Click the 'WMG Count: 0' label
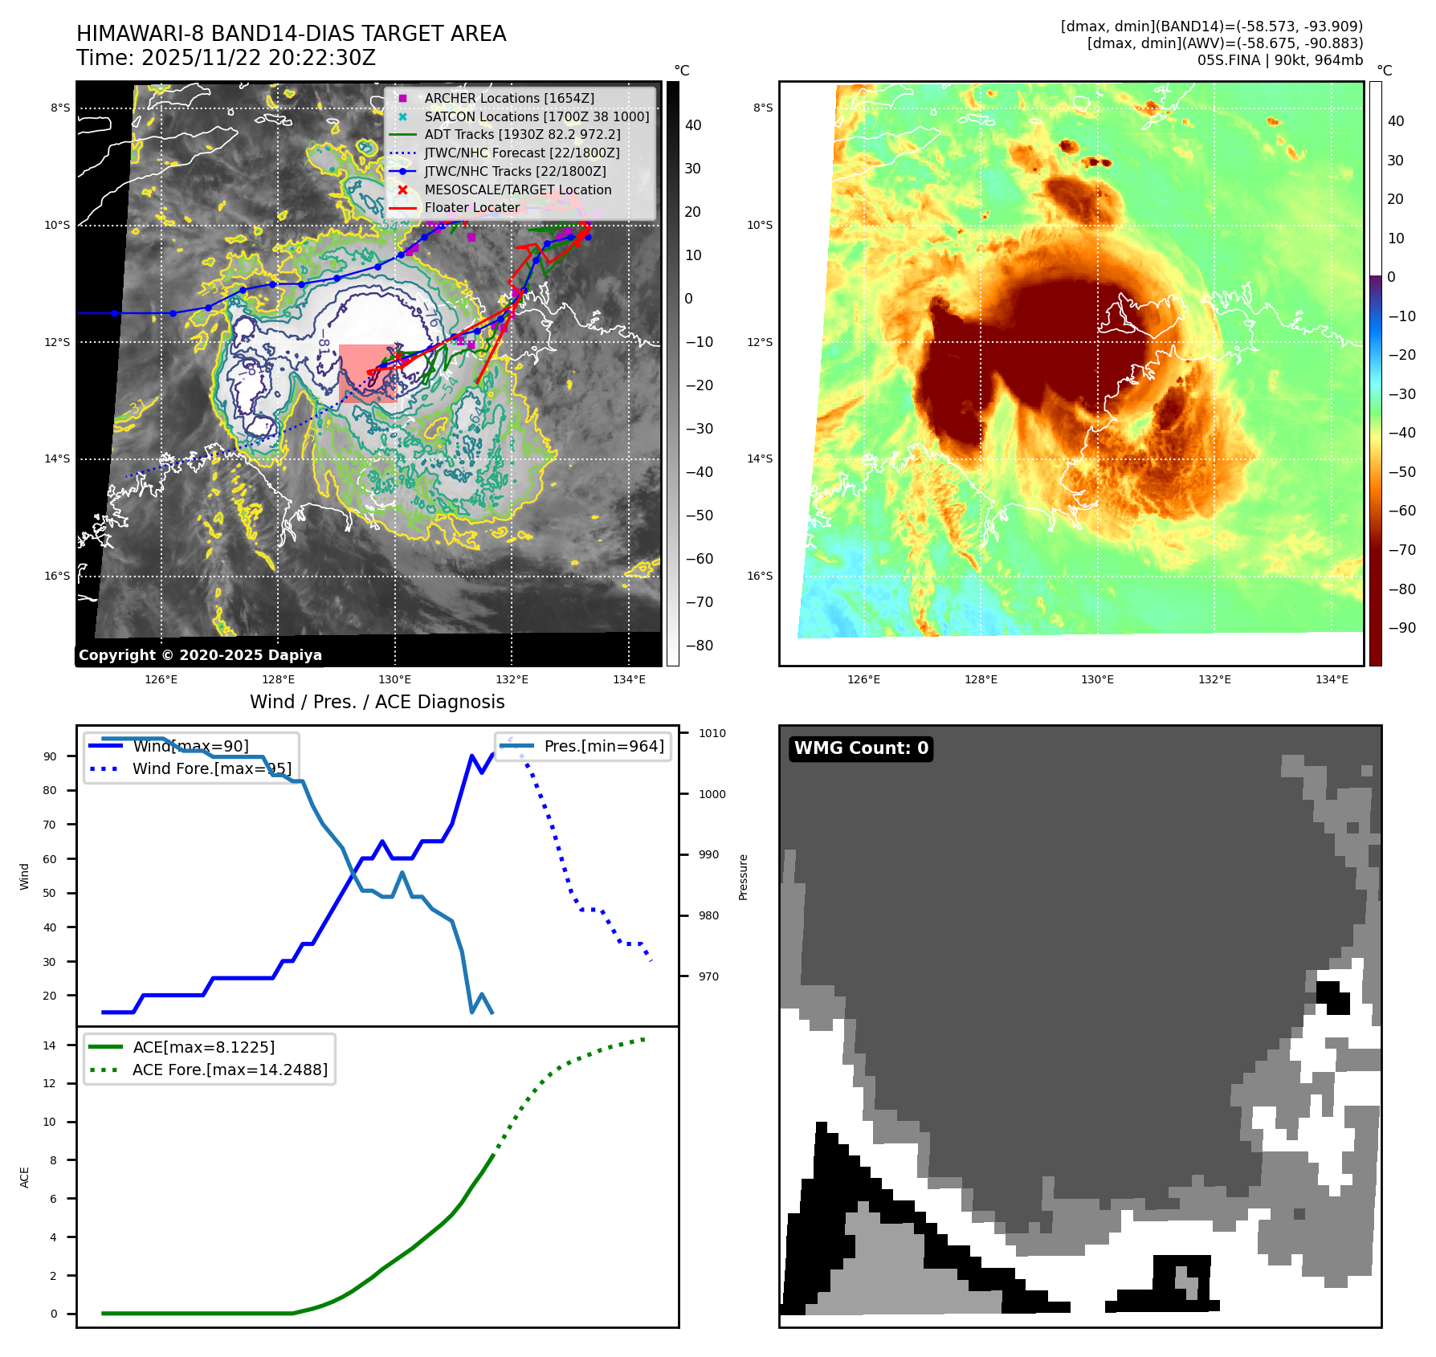click(861, 748)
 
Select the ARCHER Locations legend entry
click(509, 98)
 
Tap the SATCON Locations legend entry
click(536, 116)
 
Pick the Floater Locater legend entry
click(471, 207)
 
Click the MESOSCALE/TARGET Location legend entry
click(517, 189)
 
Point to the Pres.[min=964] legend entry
click(603, 746)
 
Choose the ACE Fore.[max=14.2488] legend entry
click(230, 1070)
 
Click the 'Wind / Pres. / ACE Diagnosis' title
click(377, 702)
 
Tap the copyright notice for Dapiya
click(200, 654)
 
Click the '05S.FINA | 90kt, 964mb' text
click(1279, 60)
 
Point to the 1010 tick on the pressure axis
click(712, 733)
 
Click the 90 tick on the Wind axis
click(51, 756)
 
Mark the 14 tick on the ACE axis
click(50, 1045)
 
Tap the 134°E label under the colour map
click(1332, 679)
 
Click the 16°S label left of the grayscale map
click(57, 576)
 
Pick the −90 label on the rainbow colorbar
click(1401, 628)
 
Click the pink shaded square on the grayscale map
click(367, 373)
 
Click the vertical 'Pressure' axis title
click(743, 877)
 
